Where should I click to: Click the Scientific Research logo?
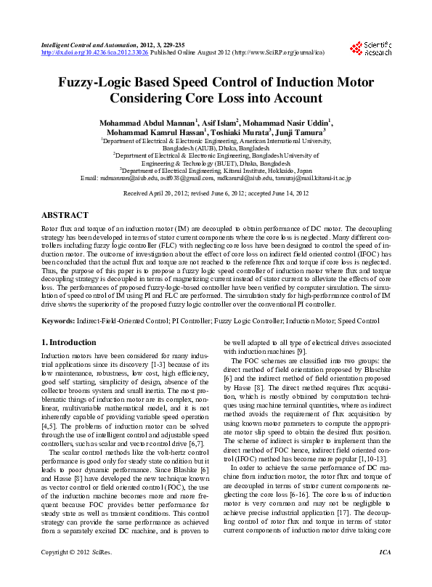coord(370,47)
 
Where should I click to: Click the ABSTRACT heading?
coord(65,216)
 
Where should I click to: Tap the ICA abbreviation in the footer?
coord(385,574)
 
